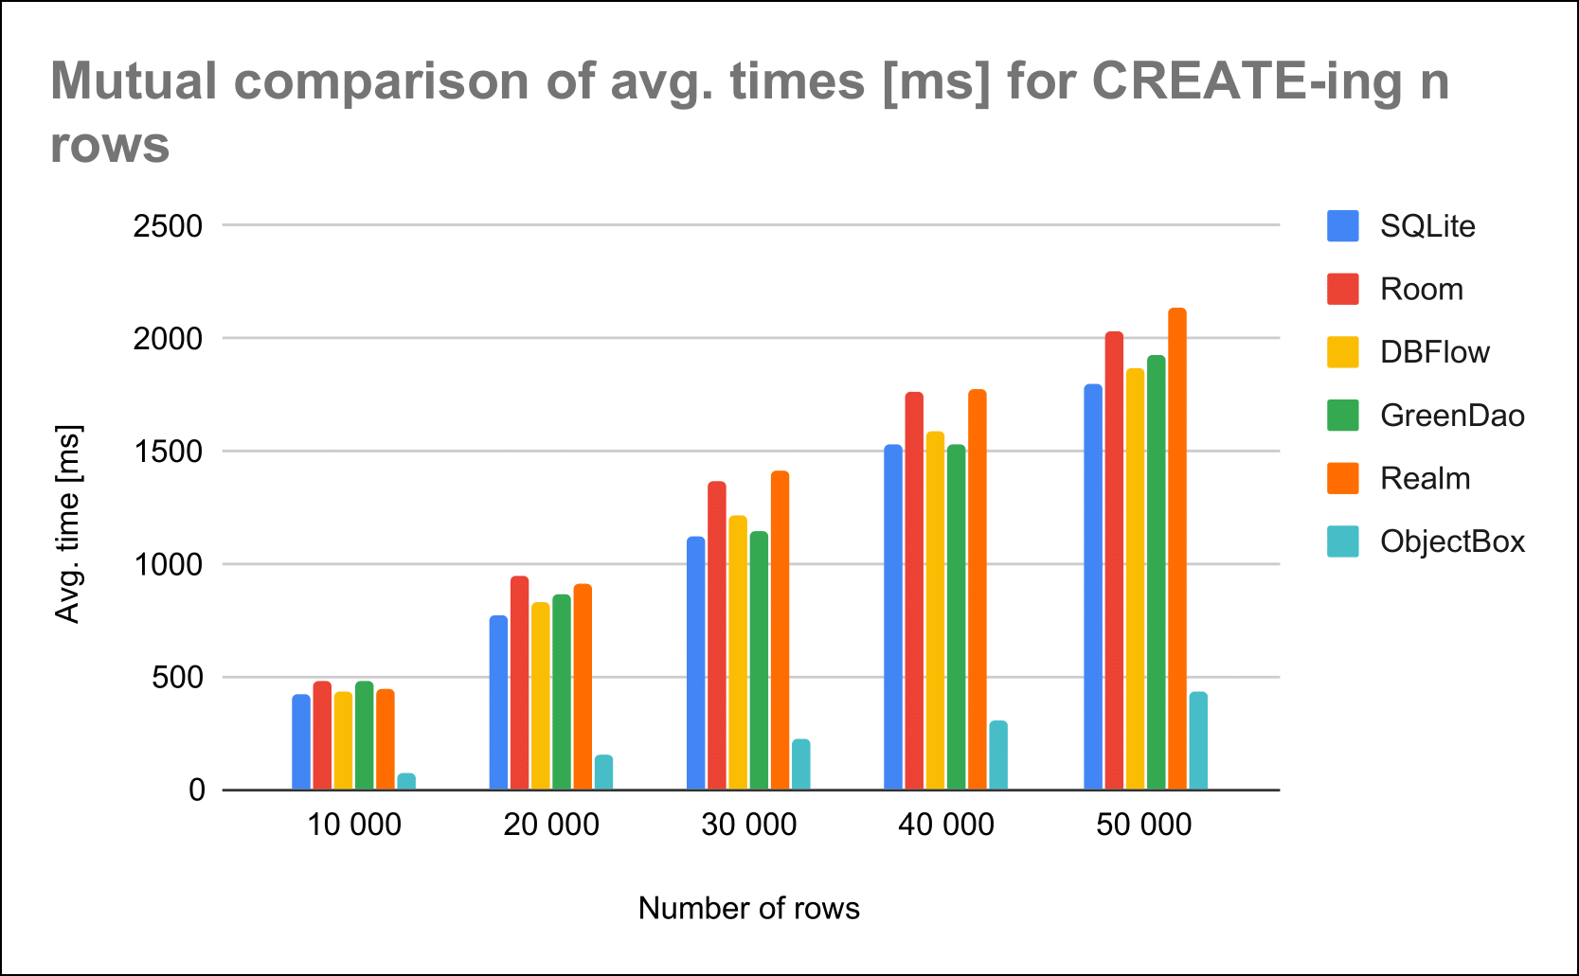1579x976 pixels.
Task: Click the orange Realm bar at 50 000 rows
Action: tap(1176, 549)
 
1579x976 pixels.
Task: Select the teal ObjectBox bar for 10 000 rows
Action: tap(406, 782)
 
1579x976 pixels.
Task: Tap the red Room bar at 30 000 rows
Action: tap(717, 635)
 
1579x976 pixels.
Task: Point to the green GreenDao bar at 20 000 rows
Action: tap(562, 692)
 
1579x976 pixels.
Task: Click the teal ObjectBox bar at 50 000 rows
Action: tap(1198, 741)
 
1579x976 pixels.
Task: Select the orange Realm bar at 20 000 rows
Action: tap(583, 687)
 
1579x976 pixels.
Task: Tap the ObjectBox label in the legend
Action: tap(1452, 541)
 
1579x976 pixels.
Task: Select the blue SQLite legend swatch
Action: tap(1343, 226)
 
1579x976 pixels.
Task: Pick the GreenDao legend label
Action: tap(1452, 416)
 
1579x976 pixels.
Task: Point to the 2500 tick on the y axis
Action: tap(168, 226)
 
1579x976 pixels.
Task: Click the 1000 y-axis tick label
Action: tap(168, 564)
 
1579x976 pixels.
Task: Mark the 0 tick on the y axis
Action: tap(196, 790)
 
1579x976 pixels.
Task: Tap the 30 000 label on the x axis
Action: tap(748, 825)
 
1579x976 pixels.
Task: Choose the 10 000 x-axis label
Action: tap(354, 825)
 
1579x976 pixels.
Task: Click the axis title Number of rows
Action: tap(748, 908)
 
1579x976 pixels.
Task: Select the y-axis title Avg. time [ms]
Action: tap(68, 523)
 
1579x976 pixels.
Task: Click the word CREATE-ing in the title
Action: tap(1247, 81)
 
